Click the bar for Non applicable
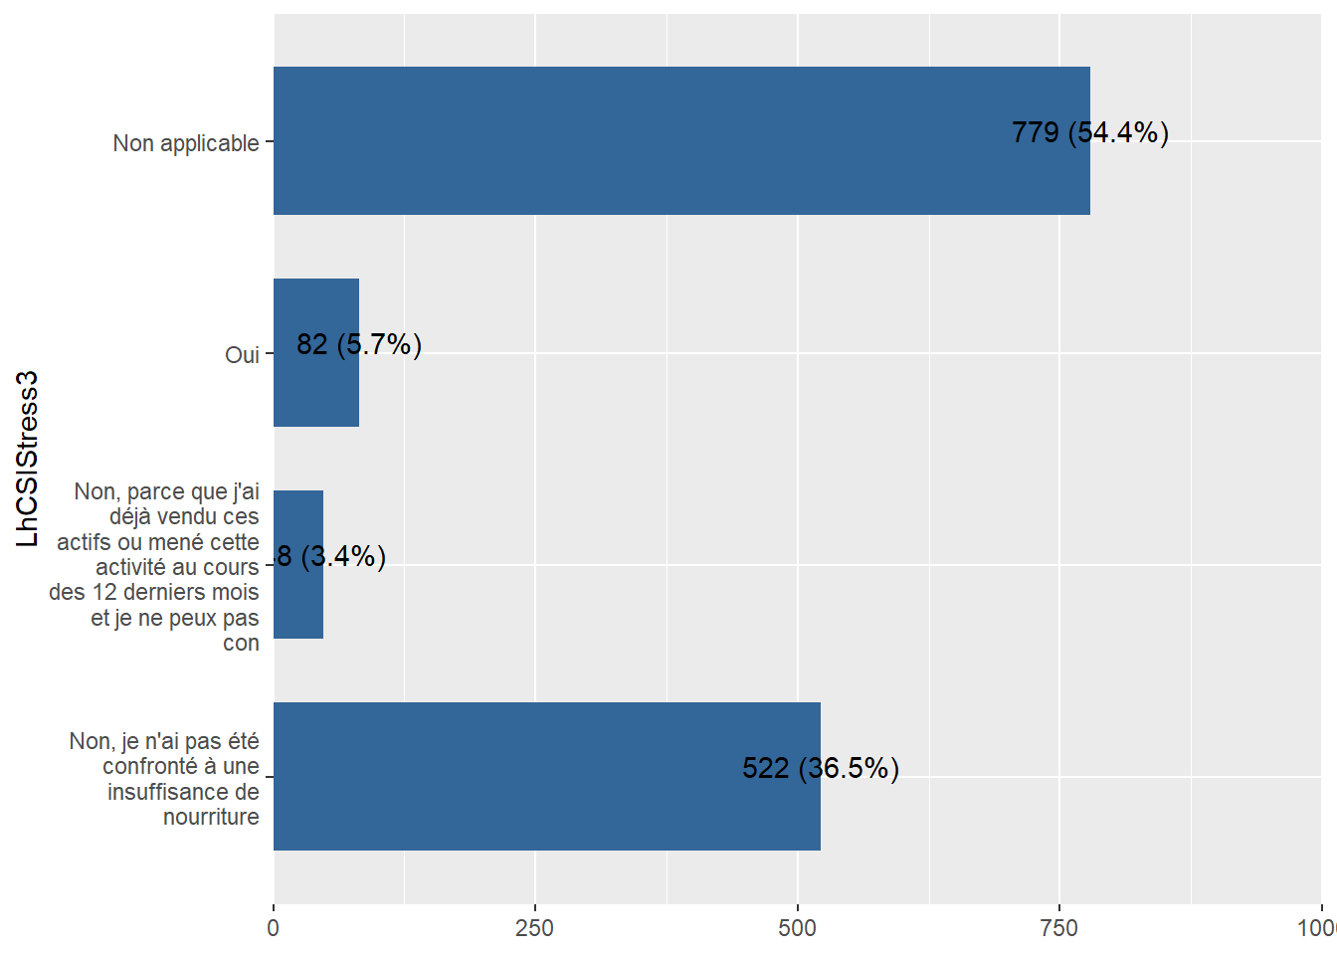tap(681, 140)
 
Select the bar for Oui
tap(315, 352)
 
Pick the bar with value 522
tap(546, 776)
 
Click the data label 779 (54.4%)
tap(1089, 132)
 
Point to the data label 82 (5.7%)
tap(359, 344)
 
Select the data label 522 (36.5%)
tap(821, 768)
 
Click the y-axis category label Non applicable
tap(185, 143)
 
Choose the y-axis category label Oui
tap(242, 355)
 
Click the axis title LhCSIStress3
tap(27, 459)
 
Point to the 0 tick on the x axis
tap(274, 928)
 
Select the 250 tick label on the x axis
tap(535, 928)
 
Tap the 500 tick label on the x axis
tap(797, 928)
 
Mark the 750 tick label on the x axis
tap(1058, 928)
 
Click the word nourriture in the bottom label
tap(211, 817)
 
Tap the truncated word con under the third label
tap(241, 643)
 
